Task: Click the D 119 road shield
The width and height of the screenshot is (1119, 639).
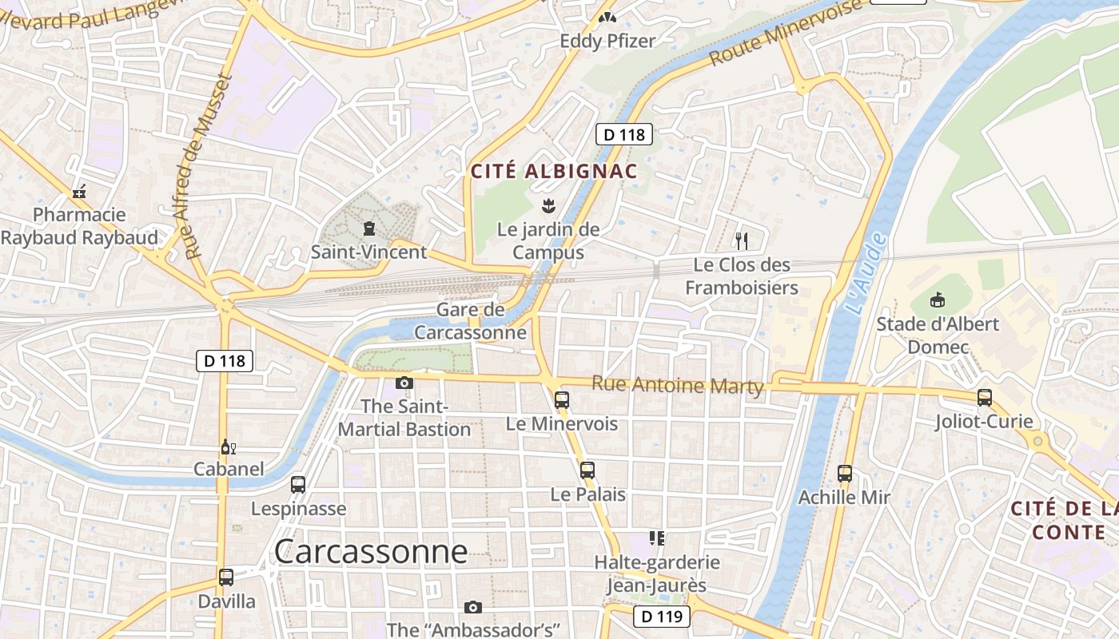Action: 661,616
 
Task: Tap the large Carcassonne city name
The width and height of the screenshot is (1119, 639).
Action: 370,552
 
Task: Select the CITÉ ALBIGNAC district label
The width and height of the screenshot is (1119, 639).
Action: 554,171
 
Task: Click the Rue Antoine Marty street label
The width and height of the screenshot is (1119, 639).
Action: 677,385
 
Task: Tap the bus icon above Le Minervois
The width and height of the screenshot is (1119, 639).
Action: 562,400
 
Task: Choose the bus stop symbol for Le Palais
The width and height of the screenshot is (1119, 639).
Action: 587,470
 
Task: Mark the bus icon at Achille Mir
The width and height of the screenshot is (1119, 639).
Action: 845,474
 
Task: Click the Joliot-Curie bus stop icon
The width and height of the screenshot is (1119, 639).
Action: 985,398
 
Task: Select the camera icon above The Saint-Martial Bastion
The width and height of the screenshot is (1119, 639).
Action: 404,383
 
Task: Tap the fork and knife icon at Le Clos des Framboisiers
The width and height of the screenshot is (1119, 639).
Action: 742,240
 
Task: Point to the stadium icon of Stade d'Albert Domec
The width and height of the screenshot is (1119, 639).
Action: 938,300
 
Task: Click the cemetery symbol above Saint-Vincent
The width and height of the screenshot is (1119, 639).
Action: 368,229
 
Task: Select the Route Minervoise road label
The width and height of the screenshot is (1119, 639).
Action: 786,33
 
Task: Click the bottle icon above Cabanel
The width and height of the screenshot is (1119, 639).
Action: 228,447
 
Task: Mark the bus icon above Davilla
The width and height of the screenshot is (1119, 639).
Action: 226,577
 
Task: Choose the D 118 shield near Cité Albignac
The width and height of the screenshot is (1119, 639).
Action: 624,134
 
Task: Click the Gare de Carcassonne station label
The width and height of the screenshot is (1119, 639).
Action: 471,321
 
